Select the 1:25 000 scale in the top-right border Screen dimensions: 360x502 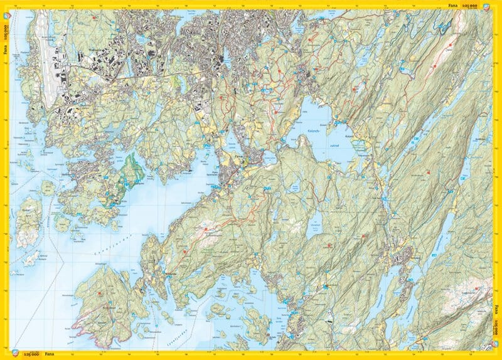[x=470, y=4]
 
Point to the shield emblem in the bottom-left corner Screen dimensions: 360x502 [x=7, y=353]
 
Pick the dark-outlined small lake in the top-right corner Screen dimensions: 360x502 [x=444, y=26]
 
